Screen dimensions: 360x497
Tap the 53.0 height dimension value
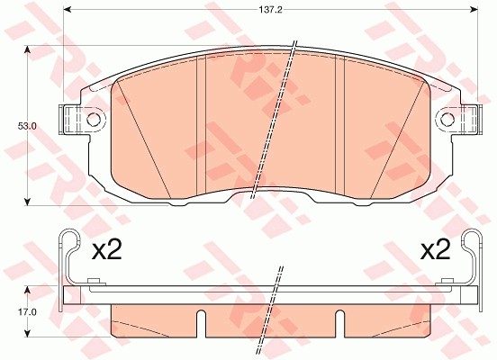(14, 126)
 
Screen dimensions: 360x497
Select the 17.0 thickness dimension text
(14, 312)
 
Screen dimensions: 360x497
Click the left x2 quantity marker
(106, 250)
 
